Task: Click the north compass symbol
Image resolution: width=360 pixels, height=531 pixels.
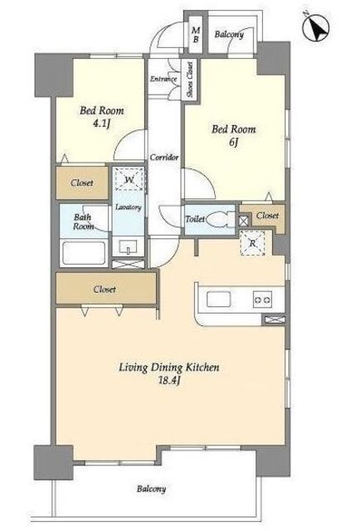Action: [316, 26]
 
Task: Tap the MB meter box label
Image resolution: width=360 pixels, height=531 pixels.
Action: [196, 35]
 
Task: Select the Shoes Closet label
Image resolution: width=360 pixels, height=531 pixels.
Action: [190, 80]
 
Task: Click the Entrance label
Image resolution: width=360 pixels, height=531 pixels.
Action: [163, 79]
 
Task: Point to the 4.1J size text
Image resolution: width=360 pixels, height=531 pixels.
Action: [101, 124]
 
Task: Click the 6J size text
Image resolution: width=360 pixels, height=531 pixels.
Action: [234, 142]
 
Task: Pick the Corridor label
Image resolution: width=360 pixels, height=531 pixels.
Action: [164, 158]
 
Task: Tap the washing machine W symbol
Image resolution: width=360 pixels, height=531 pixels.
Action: [129, 179]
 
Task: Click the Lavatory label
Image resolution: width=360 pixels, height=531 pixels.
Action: [128, 207]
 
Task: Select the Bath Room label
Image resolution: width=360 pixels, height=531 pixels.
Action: [83, 222]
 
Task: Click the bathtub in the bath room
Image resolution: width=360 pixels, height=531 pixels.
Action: [84, 252]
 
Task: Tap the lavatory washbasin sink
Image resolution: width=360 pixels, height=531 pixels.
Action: [128, 246]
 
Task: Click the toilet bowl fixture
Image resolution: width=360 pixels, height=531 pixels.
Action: [221, 219]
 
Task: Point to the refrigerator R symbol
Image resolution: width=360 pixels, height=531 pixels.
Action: [252, 243]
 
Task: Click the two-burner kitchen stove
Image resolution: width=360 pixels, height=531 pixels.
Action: [262, 300]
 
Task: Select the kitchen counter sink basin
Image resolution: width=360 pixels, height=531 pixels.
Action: [218, 300]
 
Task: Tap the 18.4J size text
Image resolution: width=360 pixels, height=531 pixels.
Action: [169, 380]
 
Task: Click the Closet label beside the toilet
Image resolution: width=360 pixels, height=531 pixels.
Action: [267, 216]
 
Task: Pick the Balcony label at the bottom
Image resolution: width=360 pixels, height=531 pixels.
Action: [152, 489]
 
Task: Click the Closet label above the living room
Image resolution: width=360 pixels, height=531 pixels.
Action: [105, 290]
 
